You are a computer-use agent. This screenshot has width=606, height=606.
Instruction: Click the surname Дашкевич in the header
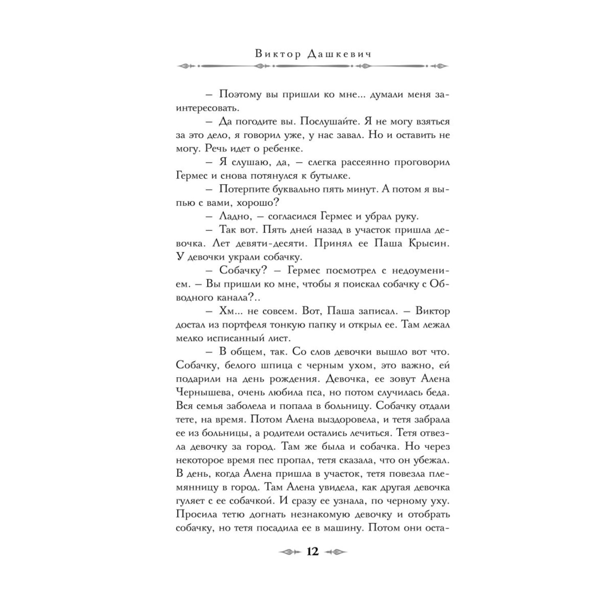click(x=336, y=55)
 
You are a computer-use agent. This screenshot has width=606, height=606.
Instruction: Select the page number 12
click(x=313, y=551)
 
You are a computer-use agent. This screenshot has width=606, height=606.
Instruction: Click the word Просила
click(x=197, y=515)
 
